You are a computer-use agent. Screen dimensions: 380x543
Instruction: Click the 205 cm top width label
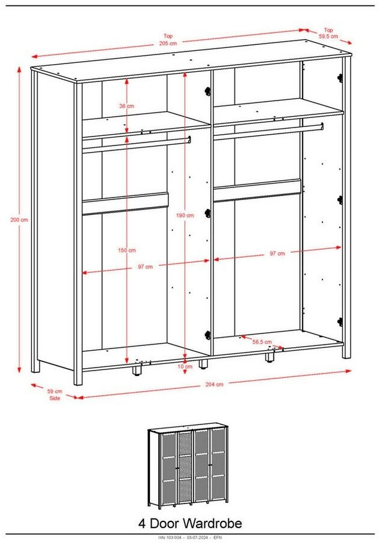168,43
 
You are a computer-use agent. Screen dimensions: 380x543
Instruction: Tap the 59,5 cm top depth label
328,36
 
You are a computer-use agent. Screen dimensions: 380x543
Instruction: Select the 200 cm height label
19,220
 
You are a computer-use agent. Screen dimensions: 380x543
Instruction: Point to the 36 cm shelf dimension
126,106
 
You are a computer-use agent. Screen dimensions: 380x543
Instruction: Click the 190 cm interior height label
185,216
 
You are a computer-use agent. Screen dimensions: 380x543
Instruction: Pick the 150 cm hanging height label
127,250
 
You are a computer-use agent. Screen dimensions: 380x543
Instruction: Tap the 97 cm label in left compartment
145,266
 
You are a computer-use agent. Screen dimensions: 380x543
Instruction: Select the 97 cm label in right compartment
278,253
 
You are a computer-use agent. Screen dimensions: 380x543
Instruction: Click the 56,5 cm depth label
262,342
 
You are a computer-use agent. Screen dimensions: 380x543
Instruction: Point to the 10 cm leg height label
185,366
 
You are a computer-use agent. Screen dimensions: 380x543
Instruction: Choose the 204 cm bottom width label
215,384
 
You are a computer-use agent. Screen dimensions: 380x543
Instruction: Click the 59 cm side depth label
55,392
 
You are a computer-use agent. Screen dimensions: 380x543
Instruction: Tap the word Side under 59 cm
55,398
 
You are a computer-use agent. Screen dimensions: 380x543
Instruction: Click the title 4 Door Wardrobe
190,523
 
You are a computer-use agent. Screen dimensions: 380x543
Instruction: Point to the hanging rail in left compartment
136,145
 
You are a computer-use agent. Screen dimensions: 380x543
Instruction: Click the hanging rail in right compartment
269,132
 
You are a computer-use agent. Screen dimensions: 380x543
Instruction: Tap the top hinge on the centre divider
207,92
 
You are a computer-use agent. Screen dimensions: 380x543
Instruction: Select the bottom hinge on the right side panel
340,321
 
